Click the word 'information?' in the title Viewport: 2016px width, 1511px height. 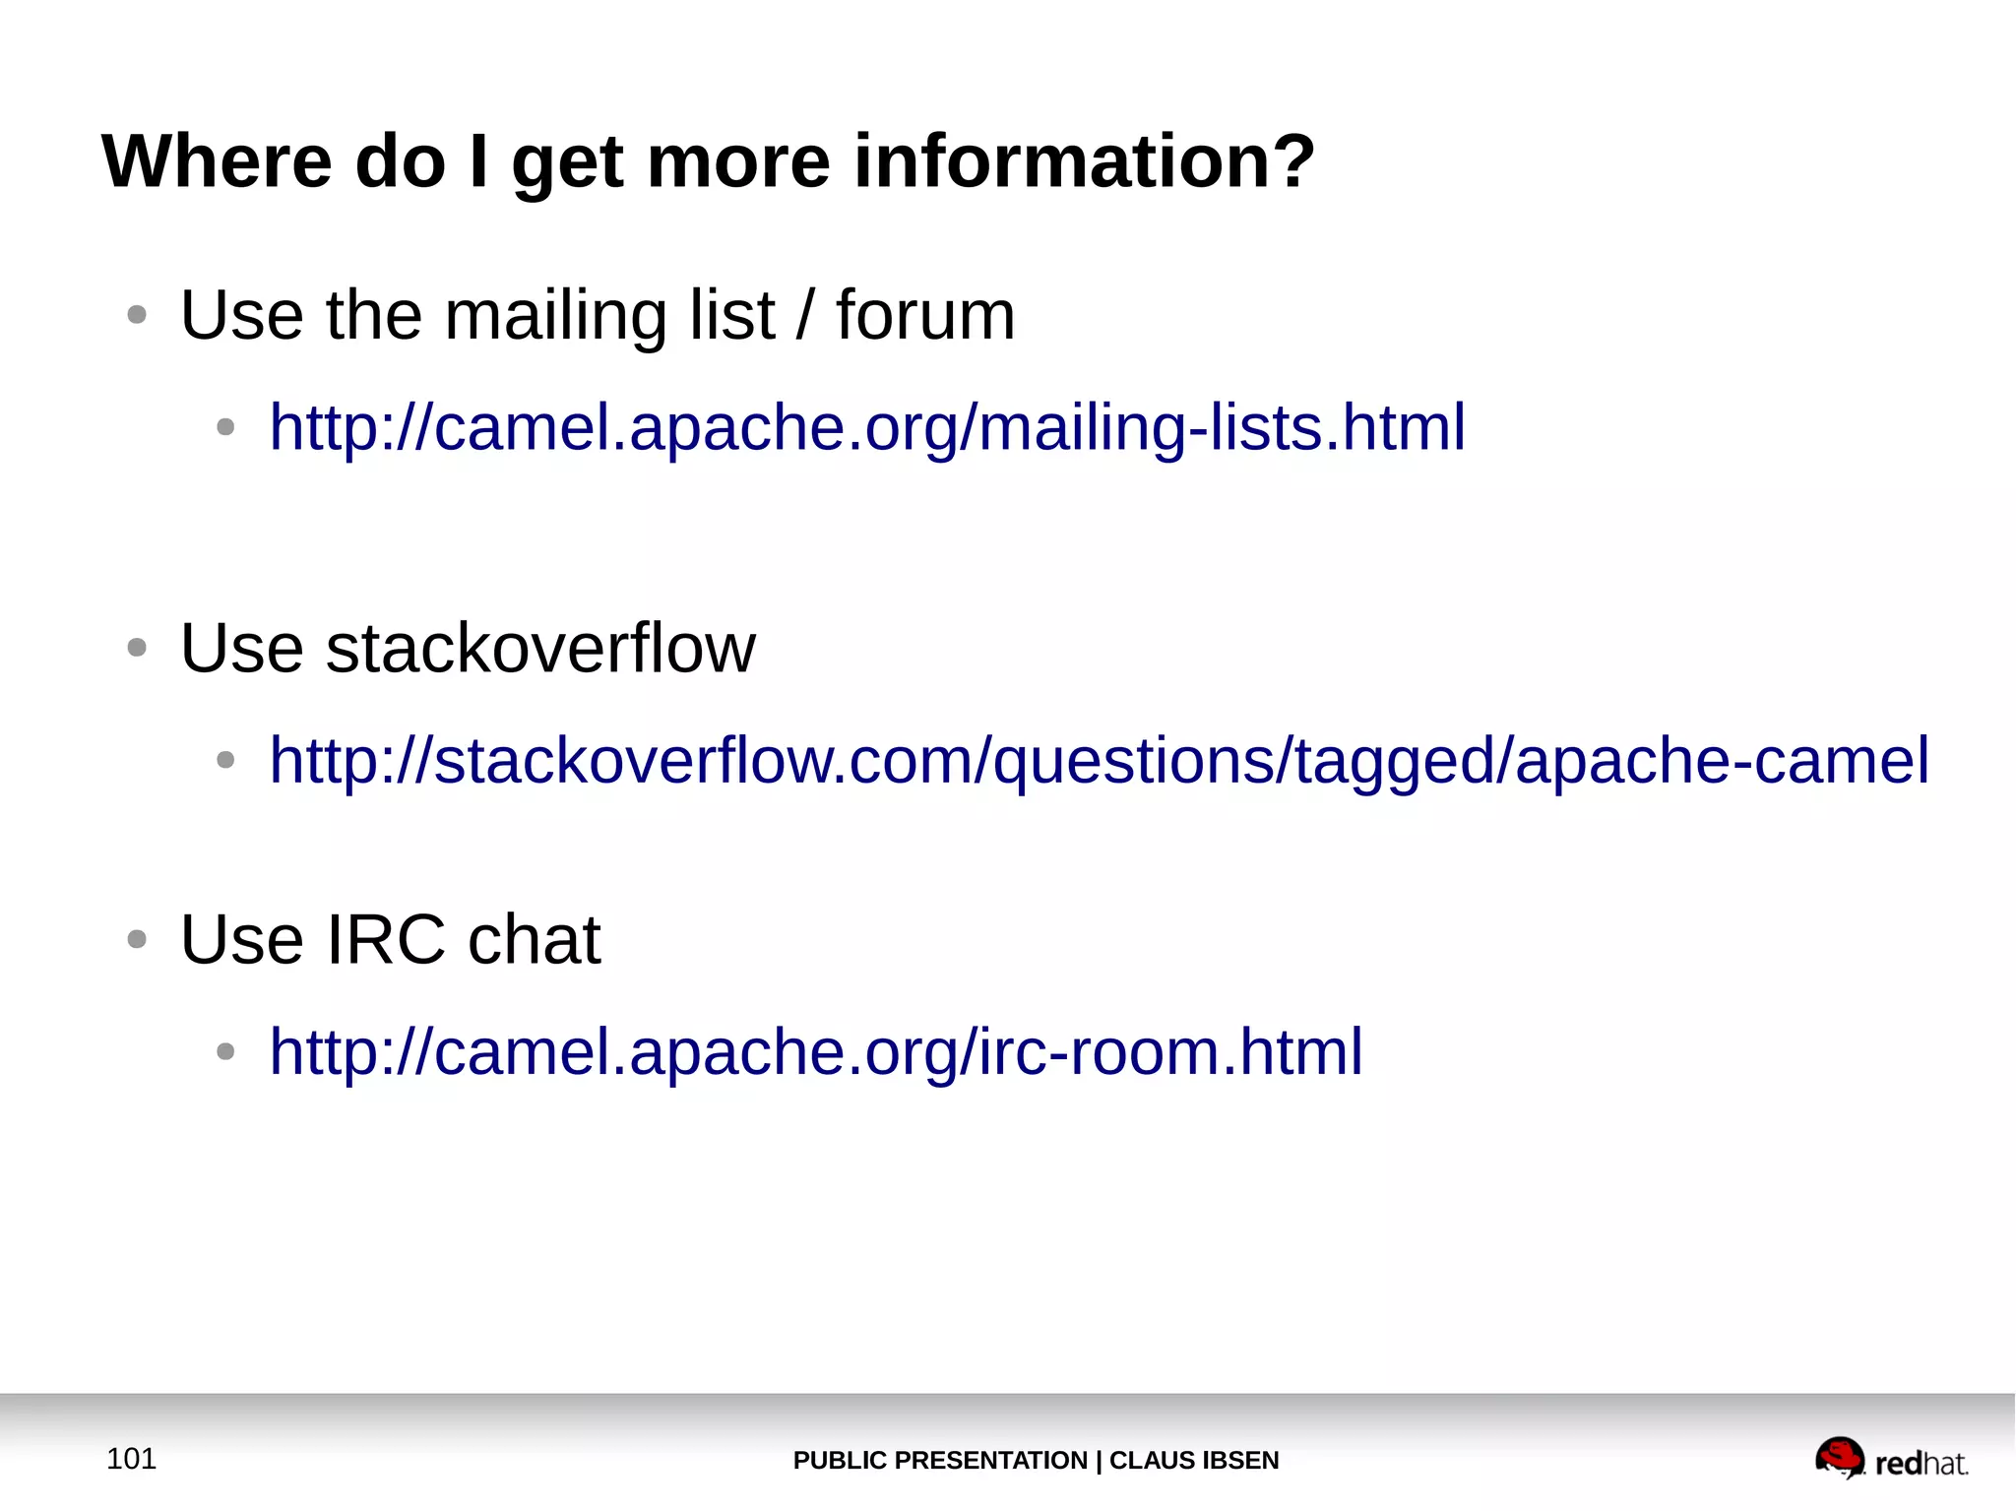point(1084,161)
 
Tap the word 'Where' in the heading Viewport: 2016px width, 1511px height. point(218,161)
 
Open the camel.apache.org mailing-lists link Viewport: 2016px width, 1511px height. point(867,428)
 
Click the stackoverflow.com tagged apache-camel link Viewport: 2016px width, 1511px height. point(1099,761)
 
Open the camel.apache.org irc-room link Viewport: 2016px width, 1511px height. point(816,1052)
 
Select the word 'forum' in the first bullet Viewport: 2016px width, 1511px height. point(925,316)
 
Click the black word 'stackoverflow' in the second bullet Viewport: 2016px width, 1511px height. point(540,649)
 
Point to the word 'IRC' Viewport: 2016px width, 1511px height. point(386,940)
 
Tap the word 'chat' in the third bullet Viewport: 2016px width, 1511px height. point(535,940)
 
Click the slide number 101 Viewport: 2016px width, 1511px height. point(131,1459)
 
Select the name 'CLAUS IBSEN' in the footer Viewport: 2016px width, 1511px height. point(1194,1461)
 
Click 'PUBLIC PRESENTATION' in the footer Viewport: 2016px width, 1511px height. point(939,1461)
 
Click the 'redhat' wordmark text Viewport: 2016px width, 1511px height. point(1921,1464)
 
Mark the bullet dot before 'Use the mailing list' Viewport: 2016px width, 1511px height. point(137,316)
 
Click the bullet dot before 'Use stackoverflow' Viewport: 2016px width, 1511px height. point(137,649)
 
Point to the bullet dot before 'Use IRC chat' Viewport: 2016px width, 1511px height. point(137,940)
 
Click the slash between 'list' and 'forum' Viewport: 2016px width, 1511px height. point(806,316)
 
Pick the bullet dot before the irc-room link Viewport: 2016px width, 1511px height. point(225,1052)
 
